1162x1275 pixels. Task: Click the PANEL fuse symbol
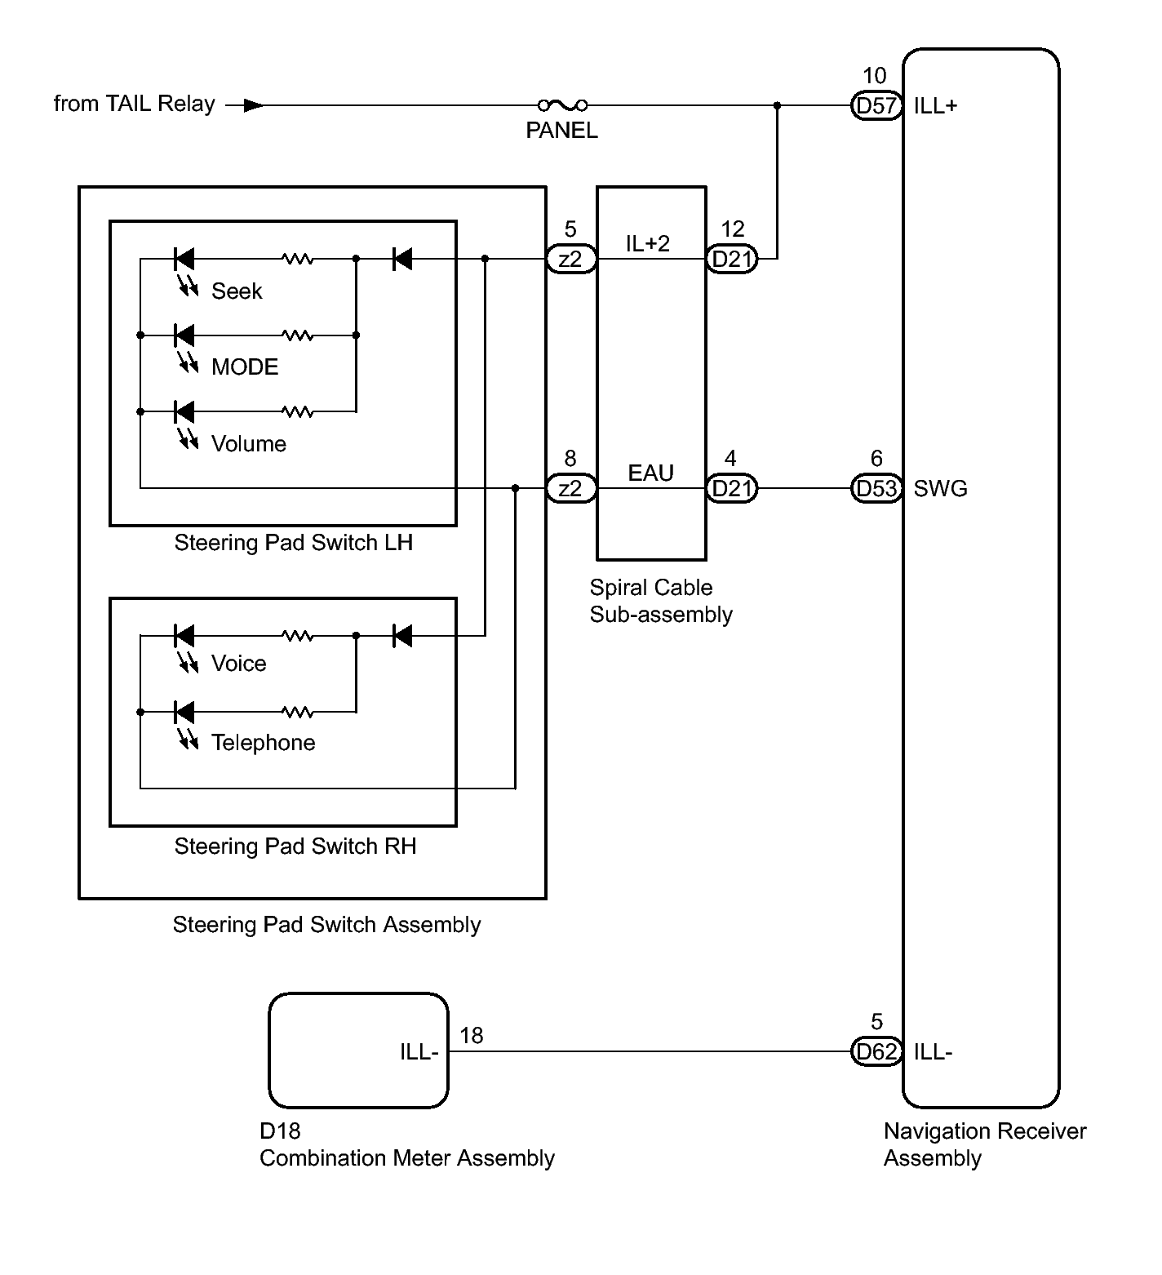[x=562, y=104]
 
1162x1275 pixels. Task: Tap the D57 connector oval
[x=876, y=105]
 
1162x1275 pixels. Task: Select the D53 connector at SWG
[x=876, y=488]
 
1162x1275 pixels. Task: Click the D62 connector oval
[x=876, y=1051]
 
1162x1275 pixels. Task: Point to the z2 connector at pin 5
[x=570, y=259]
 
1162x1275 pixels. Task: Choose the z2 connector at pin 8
[x=570, y=488]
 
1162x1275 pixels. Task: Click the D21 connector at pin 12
[x=732, y=259]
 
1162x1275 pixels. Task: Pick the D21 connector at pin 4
[x=732, y=488]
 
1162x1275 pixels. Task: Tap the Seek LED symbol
[x=185, y=259]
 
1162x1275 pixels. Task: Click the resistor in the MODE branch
[x=298, y=335]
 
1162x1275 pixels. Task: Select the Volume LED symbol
[x=185, y=412]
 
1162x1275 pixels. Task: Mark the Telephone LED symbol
[x=185, y=712]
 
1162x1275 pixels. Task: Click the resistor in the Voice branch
[x=298, y=635]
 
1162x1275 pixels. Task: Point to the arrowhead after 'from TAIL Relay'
[x=254, y=105]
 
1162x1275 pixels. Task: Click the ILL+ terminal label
[x=936, y=105]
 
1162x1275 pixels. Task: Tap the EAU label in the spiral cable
[x=651, y=473]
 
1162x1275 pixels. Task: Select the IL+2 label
[x=648, y=243]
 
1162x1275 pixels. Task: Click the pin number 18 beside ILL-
[x=472, y=1035]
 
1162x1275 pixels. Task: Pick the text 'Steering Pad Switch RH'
[x=295, y=846]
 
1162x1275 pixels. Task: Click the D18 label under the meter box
[x=280, y=1131]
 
